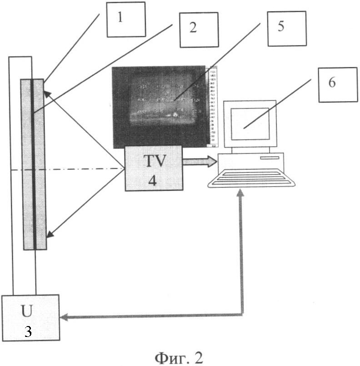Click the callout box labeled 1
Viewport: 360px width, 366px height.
[126, 20]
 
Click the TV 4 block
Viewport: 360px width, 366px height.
[153, 168]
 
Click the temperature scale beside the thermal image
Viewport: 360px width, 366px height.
[212, 107]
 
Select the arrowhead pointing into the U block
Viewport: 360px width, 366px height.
[65, 316]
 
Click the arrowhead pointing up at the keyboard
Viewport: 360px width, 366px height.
[241, 193]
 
